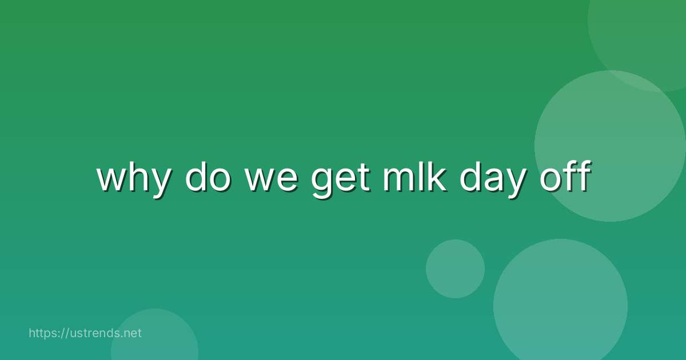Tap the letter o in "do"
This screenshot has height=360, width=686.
[x=217, y=179]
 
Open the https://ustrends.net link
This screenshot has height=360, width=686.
[x=85, y=333]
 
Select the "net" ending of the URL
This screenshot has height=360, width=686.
[x=132, y=333]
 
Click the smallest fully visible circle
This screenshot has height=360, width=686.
[x=455, y=269]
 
